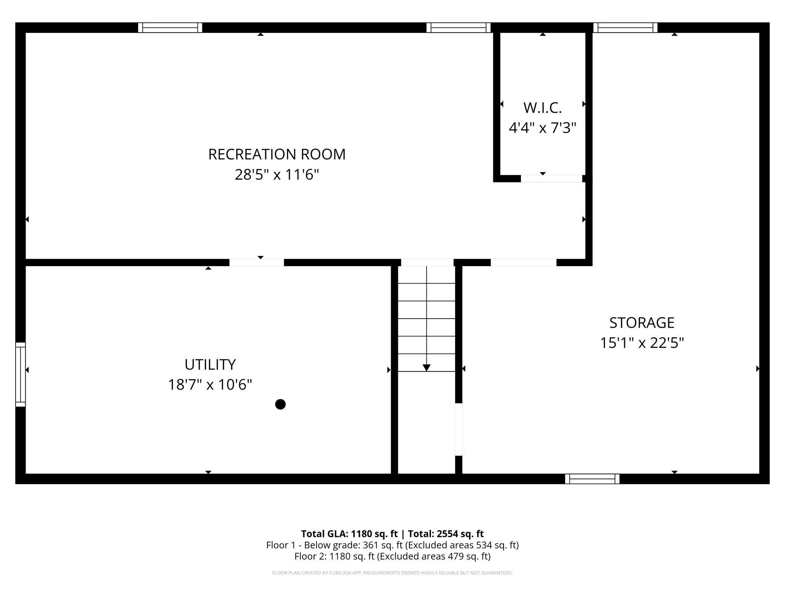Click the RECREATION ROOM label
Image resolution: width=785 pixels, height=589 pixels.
coord(277,154)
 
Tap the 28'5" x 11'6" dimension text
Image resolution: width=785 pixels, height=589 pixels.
coord(277,174)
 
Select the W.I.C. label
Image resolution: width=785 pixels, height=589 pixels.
coord(542,108)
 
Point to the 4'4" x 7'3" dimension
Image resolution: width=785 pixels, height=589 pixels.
coord(542,128)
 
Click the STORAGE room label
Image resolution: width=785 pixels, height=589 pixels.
coord(642,322)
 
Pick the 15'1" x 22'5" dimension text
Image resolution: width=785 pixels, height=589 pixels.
coord(642,343)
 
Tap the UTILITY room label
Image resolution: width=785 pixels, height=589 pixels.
coord(210,364)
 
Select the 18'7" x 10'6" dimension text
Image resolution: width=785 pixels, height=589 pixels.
coord(210,385)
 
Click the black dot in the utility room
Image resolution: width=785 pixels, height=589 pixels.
coord(280,404)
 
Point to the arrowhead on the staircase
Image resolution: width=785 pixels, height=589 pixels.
coord(426,368)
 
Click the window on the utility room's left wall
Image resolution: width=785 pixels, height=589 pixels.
coord(20,375)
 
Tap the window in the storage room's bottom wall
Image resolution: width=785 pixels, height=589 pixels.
coord(592,479)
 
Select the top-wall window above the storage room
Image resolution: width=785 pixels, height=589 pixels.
coord(625,28)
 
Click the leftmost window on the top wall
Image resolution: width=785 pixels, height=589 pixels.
coord(170,28)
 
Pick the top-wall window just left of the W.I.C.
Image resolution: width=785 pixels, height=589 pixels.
coord(459,28)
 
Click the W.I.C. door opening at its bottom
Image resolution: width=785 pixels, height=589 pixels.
coord(552,179)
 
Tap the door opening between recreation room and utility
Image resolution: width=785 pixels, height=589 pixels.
coord(257,262)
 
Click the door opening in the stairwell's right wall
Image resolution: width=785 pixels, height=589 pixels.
coord(459,429)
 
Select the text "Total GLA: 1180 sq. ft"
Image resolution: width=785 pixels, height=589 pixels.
coord(349,533)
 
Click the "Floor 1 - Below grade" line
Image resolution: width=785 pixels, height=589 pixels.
coord(392,545)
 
